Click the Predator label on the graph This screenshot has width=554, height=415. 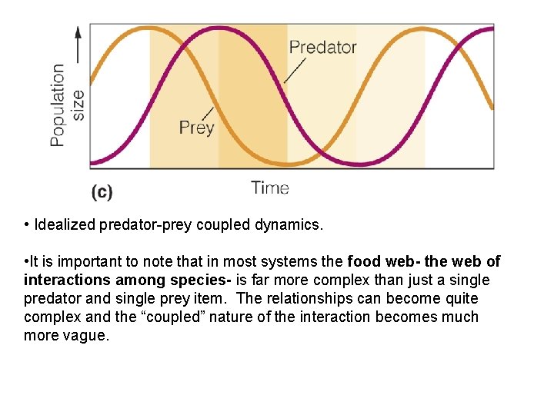point(322,47)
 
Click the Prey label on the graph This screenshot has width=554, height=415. point(196,127)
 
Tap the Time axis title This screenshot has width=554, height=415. point(270,188)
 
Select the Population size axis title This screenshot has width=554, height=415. point(67,105)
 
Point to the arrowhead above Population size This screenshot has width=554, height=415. point(77,32)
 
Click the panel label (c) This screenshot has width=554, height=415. point(102,191)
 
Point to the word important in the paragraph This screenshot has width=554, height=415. point(77,262)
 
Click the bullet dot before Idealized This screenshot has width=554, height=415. point(26,225)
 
